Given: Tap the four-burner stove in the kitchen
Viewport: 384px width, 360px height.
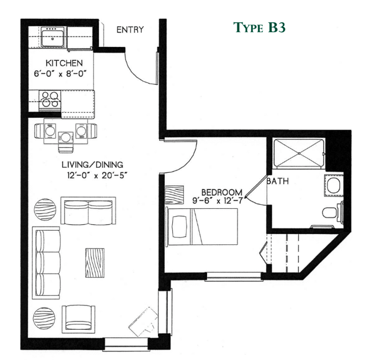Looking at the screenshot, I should coord(49,100).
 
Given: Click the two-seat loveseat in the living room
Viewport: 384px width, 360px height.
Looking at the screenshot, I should coord(88,211).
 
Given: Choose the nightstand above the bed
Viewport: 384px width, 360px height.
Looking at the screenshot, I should coord(174,195).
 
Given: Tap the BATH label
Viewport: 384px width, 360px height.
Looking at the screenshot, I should coord(279,182).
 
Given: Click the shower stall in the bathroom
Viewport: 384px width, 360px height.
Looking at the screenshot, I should coord(300,151).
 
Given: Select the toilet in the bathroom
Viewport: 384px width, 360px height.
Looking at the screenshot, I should coord(331,213).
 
